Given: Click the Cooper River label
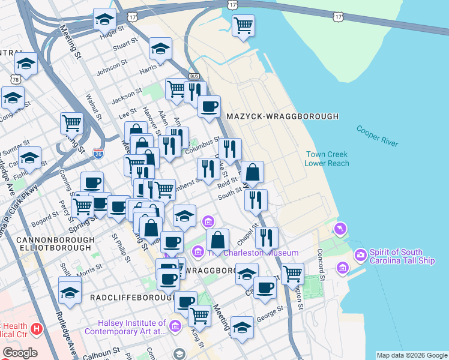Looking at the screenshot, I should click(377, 136).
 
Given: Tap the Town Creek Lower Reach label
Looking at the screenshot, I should click(326, 158).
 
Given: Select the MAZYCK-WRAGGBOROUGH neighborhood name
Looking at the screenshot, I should click(282, 116).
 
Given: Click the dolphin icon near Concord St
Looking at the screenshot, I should click(341, 229).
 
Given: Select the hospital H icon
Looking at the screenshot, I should click(37, 328).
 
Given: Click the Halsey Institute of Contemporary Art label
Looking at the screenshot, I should click(125, 327).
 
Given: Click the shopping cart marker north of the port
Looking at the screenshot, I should click(243, 25).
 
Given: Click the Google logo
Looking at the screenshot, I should click(19, 353).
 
